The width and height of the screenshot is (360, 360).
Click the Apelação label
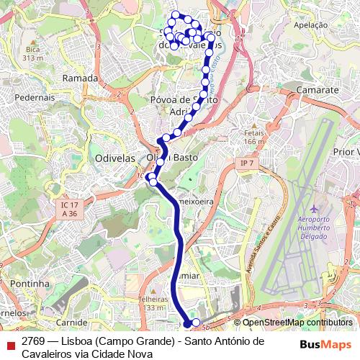click(311, 24)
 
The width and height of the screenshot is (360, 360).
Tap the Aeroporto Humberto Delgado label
click(312, 226)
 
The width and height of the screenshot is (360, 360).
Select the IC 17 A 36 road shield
click(69, 210)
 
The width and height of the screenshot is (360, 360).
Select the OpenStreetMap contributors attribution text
click(297, 323)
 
